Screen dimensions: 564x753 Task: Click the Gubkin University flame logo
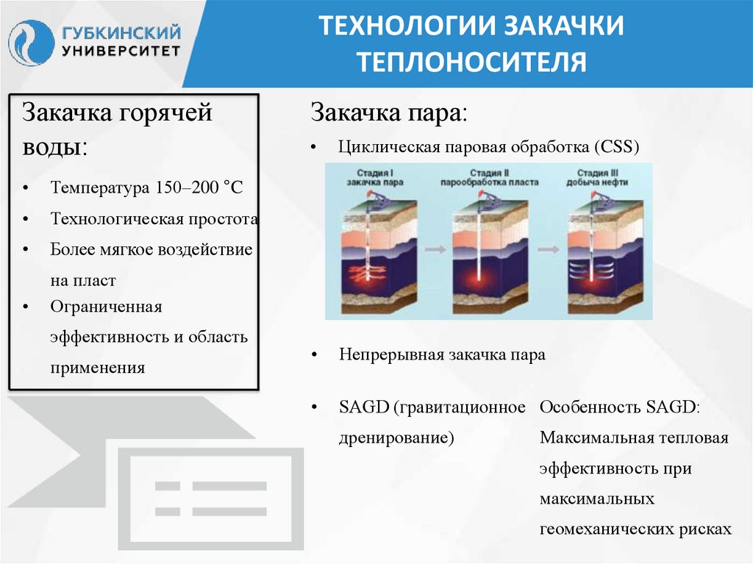[31, 42]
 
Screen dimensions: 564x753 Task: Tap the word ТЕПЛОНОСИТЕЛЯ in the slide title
[471, 62]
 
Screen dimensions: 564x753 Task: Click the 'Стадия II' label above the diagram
[487, 172]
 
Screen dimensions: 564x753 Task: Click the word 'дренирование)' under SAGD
[396, 438]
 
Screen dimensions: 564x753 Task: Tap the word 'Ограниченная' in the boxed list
[106, 306]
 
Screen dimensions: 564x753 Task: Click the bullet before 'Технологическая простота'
[26, 220]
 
